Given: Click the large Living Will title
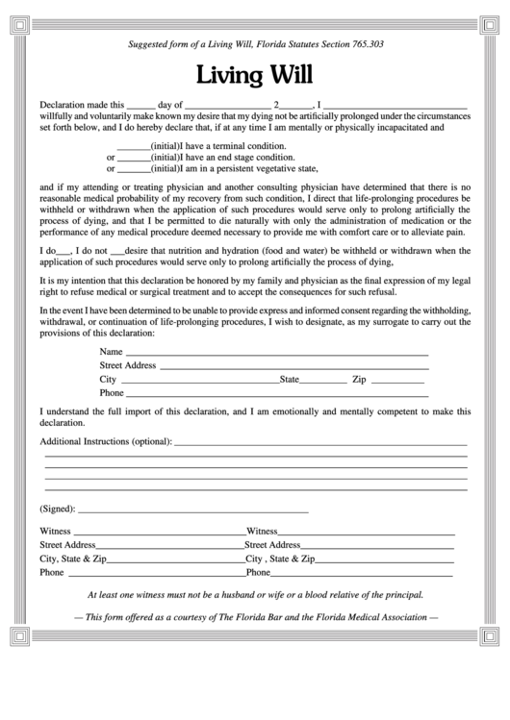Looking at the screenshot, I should pyautogui.click(x=255, y=75).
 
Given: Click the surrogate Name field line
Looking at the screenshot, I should pyautogui.click(x=277, y=353).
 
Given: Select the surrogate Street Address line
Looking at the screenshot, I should pyautogui.click(x=293, y=366).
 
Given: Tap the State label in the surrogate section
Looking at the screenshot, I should pyautogui.click(x=290, y=380).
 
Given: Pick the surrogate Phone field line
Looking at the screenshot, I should pyautogui.click(x=277, y=393).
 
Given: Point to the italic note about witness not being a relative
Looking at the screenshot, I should pyautogui.click(x=255, y=594).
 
